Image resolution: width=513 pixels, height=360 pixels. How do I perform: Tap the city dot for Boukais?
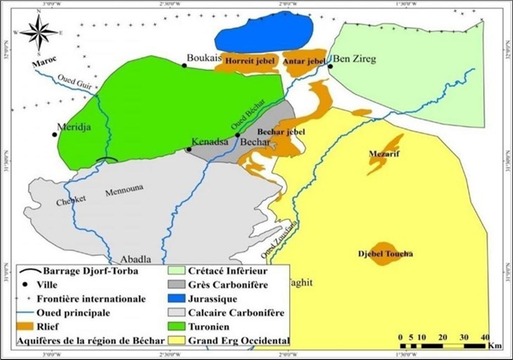pos(184,65)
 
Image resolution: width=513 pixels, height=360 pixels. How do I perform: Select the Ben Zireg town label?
pos(354,59)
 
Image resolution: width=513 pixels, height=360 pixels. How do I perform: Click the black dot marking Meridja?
pos(53,134)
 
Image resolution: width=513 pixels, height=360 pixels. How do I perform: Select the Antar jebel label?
pos(303,63)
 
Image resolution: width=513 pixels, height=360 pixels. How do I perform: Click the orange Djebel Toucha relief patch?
pos(384,254)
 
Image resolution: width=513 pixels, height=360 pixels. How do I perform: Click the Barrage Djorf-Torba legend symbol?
pos(27,270)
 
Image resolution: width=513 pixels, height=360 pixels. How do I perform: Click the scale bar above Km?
pos(441,346)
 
